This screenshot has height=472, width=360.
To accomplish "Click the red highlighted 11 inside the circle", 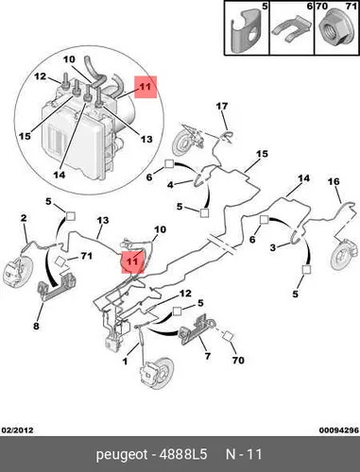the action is pyautogui.click(x=146, y=87).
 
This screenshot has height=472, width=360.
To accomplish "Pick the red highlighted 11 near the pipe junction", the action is pyautogui.click(x=132, y=261).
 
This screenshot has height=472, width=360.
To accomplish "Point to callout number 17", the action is pyautogui.click(x=222, y=107).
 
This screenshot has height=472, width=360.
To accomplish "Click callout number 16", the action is pyautogui.click(x=334, y=181).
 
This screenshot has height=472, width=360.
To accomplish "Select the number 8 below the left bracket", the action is pyautogui.click(x=36, y=326).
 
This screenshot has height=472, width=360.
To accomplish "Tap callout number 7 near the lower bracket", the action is pyautogui.click(x=207, y=356).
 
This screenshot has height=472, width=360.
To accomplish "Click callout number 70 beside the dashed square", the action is pyautogui.click(x=238, y=360).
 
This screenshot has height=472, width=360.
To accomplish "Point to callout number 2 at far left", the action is pyautogui.click(x=24, y=218).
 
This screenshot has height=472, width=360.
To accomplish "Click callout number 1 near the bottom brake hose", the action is pyautogui.click(x=126, y=362).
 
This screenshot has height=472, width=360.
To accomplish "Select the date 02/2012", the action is pyautogui.click(x=17, y=430).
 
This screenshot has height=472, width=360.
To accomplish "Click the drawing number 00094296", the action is pyautogui.click(x=339, y=430).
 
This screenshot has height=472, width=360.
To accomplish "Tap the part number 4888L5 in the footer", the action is pyautogui.click(x=183, y=454).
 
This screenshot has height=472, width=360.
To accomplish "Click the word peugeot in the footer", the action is pyautogui.click(x=122, y=455).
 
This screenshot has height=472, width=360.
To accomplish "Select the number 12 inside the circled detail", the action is pyautogui.click(x=40, y=76).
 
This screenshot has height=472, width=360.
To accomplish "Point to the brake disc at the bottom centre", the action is pyautogui.click(x=157, y=373).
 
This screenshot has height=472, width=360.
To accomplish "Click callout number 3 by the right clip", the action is pyautogui.click(x=273, y=247).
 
